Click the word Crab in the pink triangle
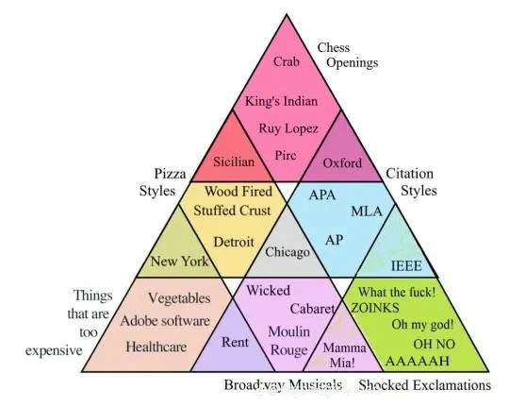(x=287, y=61)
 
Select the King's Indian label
(x=281, y=101)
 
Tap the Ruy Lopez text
(x=288, y=128)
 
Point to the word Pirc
(x=286, y=155)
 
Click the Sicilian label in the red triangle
(x=234, y=161)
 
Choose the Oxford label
(x=342, y=163)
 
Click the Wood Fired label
(x=238, y=192)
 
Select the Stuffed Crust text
(x=232, y=211)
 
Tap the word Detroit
(x=234, y=242)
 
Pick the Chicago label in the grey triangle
(x=287, y=252)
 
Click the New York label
(x=179, y=262)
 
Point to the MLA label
(x=367, y=212)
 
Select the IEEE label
(x=406, y=266)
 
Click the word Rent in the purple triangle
(x=235, y=342)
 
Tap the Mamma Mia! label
(x=344, y=355)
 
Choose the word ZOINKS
(x=375, y=308)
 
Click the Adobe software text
(x=165, y=321)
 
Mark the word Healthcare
(x=156, y=347)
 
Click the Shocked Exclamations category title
(x=424, y=385)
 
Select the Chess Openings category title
(x=348, y=55)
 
